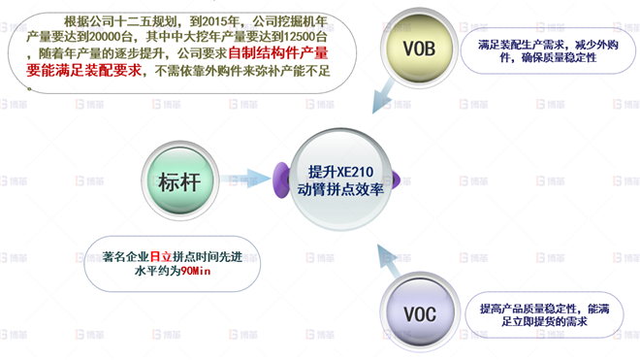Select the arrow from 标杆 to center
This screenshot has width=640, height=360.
point(249,179)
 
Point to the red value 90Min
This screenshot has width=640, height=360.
point(197,274)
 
